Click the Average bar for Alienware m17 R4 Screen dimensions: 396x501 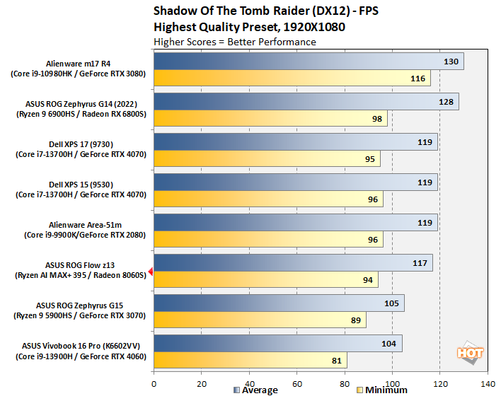tap(308, 62)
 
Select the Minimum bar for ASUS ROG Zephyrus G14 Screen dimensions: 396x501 tap(270, 118)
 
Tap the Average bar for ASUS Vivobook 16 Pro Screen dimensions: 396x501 tap(277, 344)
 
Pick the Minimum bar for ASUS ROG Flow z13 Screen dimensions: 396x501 tap(265, 279)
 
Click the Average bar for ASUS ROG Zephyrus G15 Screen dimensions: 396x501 tap(279, 303)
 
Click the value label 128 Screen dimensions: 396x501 tap(447, 102)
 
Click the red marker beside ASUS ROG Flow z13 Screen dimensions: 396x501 tap(149, 271)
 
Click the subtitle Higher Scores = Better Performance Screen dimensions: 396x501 tap(234, 42)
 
